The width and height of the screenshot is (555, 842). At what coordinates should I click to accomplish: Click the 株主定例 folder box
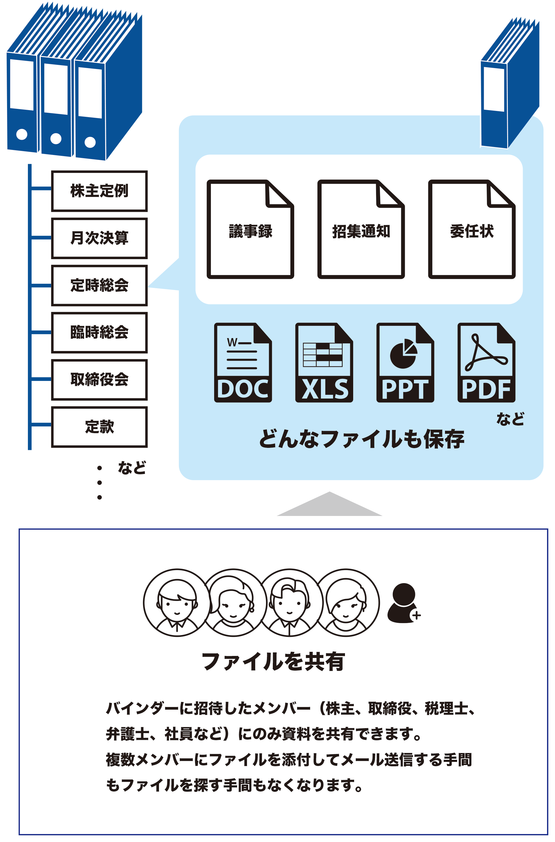pos(99,191)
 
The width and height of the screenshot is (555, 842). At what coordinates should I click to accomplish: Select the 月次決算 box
pos(99,238)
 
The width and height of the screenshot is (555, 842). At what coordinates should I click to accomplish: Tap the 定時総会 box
pos(99,285)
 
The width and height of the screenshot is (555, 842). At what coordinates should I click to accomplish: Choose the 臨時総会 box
pos(99,333)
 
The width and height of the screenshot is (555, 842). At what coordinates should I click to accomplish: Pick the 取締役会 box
pos(99,379)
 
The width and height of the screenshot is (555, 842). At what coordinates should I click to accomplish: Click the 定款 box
pos(99,427)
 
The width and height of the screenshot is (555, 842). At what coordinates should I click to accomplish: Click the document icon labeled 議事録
pos(250,230)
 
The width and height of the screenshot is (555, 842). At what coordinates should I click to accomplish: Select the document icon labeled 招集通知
pos(361,230)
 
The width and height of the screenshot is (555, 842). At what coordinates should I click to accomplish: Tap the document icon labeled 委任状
pos(472,230)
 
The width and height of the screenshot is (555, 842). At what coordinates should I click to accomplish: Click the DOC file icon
pos(243,362)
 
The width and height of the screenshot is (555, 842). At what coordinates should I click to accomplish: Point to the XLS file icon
pos(324,362)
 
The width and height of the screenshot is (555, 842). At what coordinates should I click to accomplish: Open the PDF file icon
pos(486,362)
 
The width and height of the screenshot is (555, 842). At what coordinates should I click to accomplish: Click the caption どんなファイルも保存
pos(361,439)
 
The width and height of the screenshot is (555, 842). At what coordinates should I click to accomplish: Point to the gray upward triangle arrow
pos(329,504)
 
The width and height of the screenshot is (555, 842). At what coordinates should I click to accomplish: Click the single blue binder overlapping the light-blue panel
pos(510,83)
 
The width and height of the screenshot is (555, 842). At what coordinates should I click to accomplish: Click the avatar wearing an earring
pos(233,603)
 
